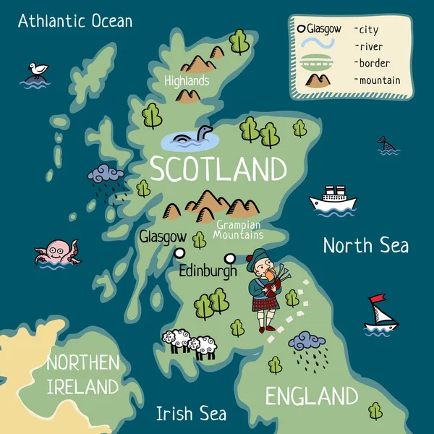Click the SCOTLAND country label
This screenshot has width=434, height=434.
coord(218,169)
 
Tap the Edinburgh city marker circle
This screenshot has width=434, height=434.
coord(230,258)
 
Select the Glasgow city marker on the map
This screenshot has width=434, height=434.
coord(179,252)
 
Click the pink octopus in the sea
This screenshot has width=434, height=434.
coord(54,252)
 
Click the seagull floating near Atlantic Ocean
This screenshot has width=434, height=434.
coord(37,72)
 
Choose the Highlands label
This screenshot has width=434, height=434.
coord(187,80)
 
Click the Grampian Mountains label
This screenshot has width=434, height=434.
coord(239,230)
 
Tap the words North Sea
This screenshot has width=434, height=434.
coord(365,245)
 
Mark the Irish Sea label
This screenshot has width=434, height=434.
coord(191,414)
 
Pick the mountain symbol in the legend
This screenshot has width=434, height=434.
coord(319,80)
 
